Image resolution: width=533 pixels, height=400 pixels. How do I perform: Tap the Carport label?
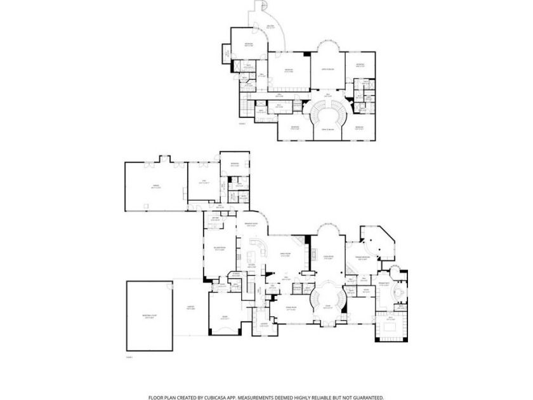(x=190, y=308)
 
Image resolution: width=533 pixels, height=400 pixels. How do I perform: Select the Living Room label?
(x=327, y=257)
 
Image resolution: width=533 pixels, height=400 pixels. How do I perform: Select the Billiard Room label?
(x=218, y=250)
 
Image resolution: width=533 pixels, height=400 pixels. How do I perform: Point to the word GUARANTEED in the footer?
(x=364, y=397)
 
